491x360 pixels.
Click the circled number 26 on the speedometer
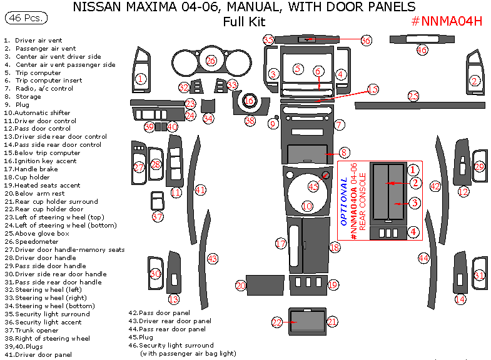point(211,61)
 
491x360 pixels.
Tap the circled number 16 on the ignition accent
point(249,101)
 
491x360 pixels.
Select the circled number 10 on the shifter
point(306,206)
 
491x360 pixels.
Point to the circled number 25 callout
point(413,96)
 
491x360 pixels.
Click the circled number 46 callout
point(422,50)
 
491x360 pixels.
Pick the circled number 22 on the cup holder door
point(277,322)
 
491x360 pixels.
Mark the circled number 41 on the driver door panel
point(200,189)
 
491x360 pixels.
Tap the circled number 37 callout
point(158,216)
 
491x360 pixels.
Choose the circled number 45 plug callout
point(314,186)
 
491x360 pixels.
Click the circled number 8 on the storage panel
point(345,152)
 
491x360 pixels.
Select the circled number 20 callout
point(241,285)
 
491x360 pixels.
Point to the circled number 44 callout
point(424,257)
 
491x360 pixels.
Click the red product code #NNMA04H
point(447,21)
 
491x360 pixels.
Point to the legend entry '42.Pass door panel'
point(159,312)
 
